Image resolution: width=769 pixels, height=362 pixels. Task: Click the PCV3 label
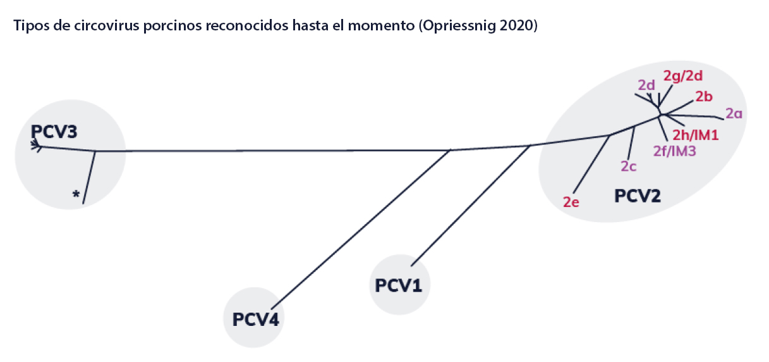coord(54,132)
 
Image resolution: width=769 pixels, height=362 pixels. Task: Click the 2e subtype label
coord(571,202)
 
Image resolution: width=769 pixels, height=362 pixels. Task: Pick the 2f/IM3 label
coord(674,151)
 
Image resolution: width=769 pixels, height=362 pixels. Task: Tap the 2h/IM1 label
coord(695,134)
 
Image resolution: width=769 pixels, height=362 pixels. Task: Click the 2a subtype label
coord(734,114)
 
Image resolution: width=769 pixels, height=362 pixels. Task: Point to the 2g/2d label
coord(683,75)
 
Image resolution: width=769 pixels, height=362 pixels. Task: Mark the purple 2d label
coord(645,85)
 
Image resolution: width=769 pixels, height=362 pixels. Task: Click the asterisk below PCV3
coord(76,195)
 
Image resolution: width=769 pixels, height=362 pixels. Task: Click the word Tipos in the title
coord(27,27)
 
